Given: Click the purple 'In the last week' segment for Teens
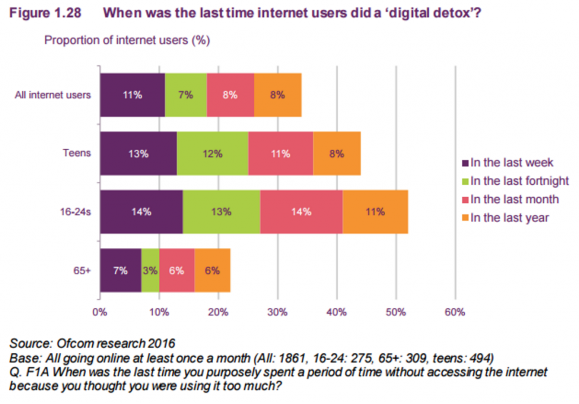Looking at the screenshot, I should pyautogui.click(x=138, y=153).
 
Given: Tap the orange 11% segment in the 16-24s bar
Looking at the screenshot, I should pyautogui.click(x=375, y=212).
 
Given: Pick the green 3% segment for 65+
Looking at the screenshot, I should pyautogui.click(x=150, y=270).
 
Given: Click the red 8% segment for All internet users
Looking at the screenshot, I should pyautogui.click(x=230, y=95).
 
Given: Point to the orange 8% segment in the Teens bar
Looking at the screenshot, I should pyautogui.click(x=336, y=153).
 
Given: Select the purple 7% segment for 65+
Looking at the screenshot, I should pyautogui.click(x=120, y=270).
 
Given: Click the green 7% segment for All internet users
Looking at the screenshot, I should pyautogui.click(x=185, y=95).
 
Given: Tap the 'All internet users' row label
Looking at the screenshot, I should pyautogui.click(x=53, y=95).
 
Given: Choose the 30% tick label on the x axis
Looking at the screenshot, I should pyautogui.click(x=277, y=311).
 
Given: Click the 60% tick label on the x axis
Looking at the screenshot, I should pyautogui.click(x=455, y=311).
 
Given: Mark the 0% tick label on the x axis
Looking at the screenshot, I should pyautogui.click(x=100, y=311).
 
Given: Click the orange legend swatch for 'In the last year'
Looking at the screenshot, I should pyautogui.click(x=465, y=218).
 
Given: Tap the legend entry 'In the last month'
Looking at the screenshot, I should pyautogui.click(x=514, y=199).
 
